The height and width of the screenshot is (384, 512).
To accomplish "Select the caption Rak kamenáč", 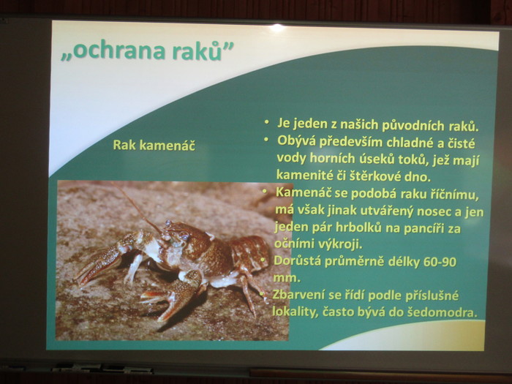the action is (154, 145).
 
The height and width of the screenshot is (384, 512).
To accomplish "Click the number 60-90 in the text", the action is (440, 262).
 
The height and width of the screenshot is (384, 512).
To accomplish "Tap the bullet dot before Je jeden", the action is (267, 122).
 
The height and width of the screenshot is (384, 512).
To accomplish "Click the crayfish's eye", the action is (184, 235).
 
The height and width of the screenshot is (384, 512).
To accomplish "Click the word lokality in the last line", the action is (295, 312).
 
